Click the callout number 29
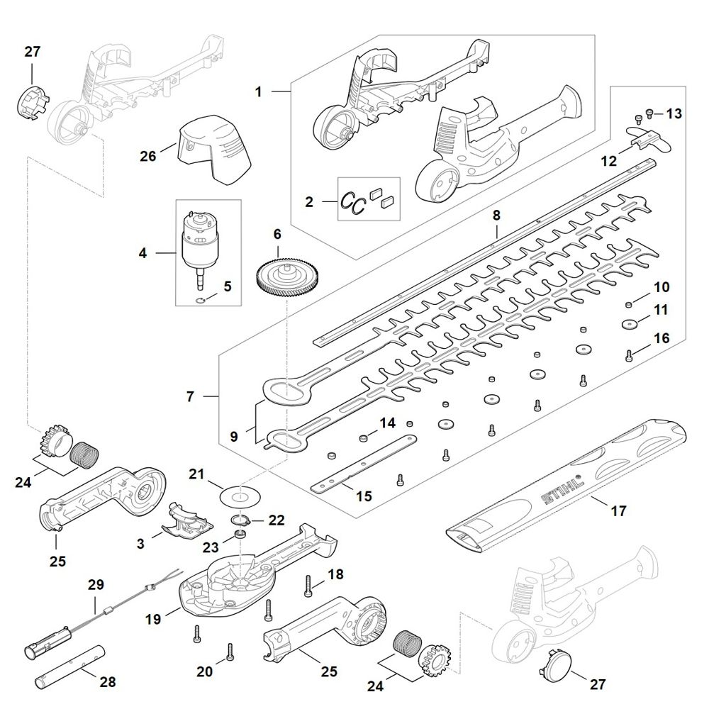[x=96, y=585]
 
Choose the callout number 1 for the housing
[x=259, y=92]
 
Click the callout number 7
[x=190, y=397]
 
